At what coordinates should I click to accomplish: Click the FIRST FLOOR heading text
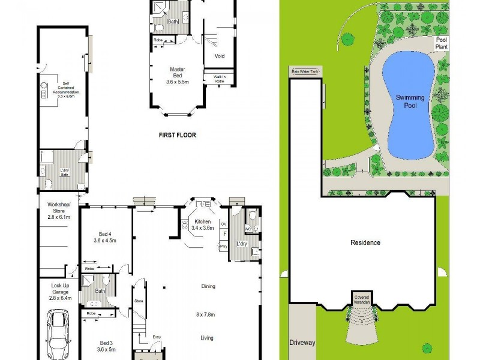pos(177,135)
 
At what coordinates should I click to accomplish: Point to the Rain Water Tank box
pos(306,71)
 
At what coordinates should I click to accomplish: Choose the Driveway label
pos(302,343)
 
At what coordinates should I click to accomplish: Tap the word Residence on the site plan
pos(365,243)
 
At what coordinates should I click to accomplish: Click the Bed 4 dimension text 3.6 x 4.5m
pos(104,240)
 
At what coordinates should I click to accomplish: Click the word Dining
pos(208,286)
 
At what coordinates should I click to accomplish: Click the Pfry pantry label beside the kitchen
pos(224,247)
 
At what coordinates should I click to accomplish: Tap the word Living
pos(207,338)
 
